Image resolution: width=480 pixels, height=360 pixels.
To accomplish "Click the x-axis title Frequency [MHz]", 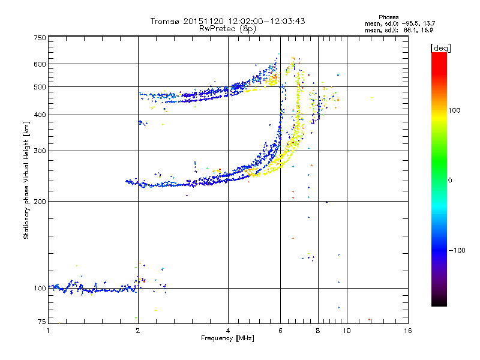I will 227,338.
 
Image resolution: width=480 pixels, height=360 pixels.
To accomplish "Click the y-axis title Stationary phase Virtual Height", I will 26,180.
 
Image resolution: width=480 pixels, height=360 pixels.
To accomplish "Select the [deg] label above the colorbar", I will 440,47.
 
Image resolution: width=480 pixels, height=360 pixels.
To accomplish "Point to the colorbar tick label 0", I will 450,180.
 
